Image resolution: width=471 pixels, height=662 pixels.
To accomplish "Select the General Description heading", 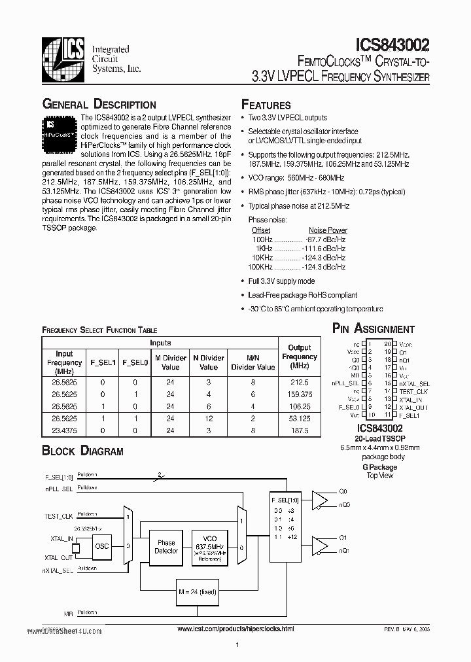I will (99, 105).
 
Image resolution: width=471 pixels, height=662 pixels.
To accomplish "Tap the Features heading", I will (266, 105).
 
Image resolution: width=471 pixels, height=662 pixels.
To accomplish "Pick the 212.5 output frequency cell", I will (300, 381).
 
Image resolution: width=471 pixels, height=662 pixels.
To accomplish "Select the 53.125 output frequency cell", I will (300, 417).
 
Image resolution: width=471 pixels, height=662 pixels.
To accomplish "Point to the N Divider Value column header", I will (209, 362).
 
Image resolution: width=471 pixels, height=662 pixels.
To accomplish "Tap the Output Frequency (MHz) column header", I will (300, 357).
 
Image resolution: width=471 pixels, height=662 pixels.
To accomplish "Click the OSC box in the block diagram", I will (102, 546).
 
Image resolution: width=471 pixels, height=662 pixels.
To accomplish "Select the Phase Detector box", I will (166, 547).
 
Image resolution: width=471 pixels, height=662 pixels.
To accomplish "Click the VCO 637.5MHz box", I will (211, 547).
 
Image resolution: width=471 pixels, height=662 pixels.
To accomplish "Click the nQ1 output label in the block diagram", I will (345, 551).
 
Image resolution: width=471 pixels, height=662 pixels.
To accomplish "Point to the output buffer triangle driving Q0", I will (321, 500).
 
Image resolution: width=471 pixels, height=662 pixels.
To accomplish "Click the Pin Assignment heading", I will (374, 329).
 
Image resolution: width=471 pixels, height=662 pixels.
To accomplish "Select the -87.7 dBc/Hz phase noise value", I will (327, 239).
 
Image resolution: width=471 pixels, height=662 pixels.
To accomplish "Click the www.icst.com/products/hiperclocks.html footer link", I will (235, 629).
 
